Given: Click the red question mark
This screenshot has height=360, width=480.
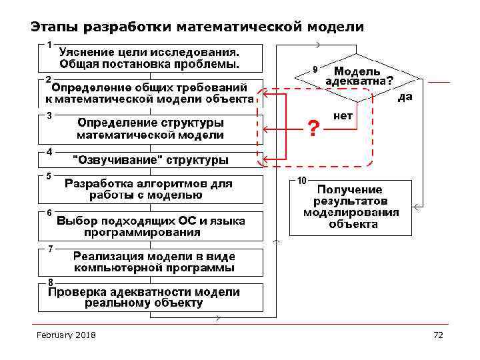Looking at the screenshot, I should point(313,126).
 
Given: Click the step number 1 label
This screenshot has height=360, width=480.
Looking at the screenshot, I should point(49,44).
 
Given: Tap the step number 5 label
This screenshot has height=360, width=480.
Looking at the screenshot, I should point(49,176).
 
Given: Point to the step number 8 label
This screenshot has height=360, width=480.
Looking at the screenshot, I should point(50,282).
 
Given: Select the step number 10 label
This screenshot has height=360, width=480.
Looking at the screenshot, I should point(301,181).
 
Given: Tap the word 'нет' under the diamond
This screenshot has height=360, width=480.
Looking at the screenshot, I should point(343,115).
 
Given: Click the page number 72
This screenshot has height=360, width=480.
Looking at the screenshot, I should point(438,335).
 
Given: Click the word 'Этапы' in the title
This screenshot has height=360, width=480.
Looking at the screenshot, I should point(53,27).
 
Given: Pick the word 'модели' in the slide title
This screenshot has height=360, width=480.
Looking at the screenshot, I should point(337,27).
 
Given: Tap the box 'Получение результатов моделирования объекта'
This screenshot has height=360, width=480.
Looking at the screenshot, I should point(351,207).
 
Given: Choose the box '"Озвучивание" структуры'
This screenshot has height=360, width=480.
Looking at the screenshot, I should point(150,160).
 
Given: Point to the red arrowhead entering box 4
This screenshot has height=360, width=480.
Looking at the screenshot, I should point(263,160).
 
